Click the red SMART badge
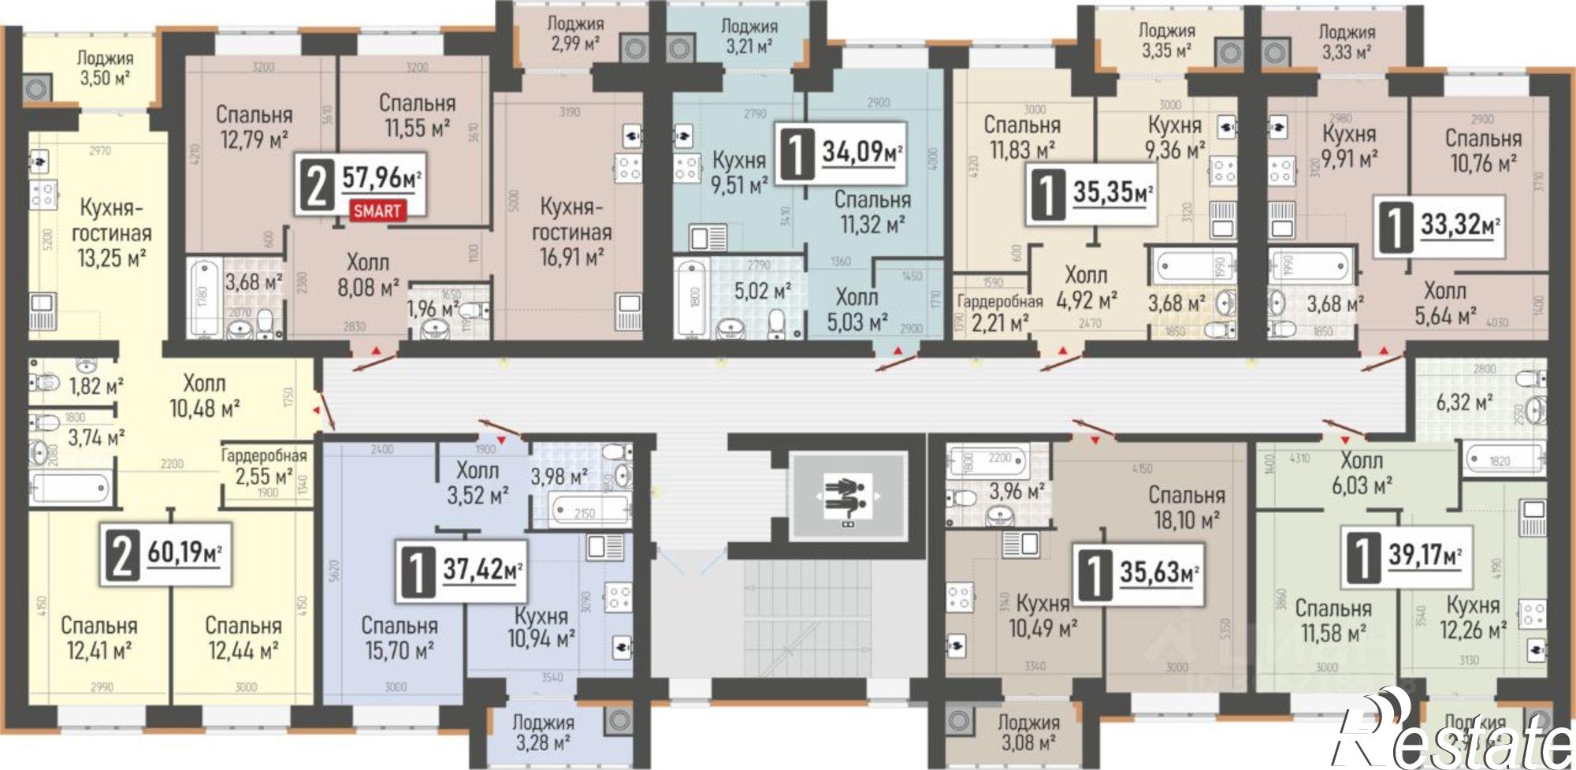pyautogui.click(x=377, y=210)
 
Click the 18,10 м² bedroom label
pyautogui.click(x=1187, y=508)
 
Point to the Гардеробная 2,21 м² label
pyautogui.click(x=998, y=312)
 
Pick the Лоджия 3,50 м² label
pyautogui.click(x=106, y=68)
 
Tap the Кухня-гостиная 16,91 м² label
pyautogui.click(x=572, y=232)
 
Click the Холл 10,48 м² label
pyautogui.click(x=204, y=396)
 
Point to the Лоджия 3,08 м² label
pyautogui.click(x=1028, y=732)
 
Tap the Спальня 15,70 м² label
pyautogui.click(x=400, y=638)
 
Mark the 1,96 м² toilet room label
pyautogui.click(x=433, y=307)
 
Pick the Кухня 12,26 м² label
pyautogui.click(x=1473, y=617)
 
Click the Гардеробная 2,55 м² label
pyautogui.click(x=264, y=466)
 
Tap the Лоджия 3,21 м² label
pyautogui.click(x=749, y=36)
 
